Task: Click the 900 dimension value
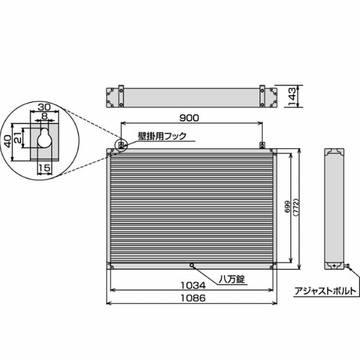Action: click(189, 118)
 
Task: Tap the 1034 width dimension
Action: click(193, 286)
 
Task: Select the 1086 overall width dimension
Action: click(193, 298)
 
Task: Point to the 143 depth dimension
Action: click(292, 97)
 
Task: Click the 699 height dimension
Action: click(287, 206)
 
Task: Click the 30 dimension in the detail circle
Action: click(44, 107)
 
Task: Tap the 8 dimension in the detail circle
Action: click(44, 116)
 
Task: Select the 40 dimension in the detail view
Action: click(8, 141)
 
